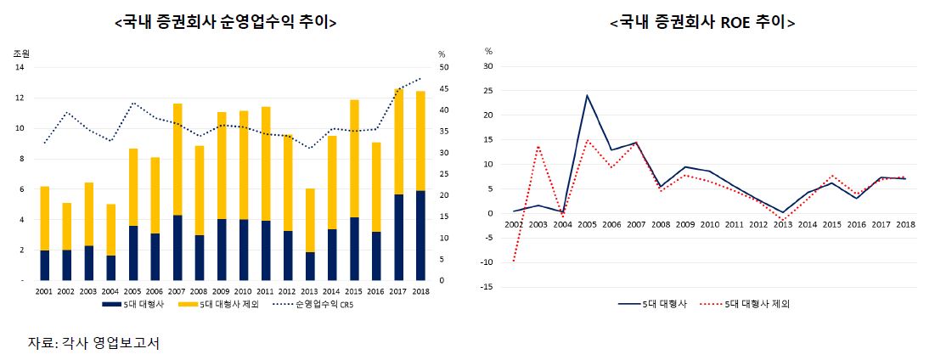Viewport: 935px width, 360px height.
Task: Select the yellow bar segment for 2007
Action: tap(177, 160)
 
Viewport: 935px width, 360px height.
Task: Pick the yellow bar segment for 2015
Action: tap(353, 159)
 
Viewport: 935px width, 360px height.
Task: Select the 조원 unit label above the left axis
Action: tap(21, 53)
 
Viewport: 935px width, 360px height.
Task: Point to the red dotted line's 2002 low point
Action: tap(513, 261)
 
